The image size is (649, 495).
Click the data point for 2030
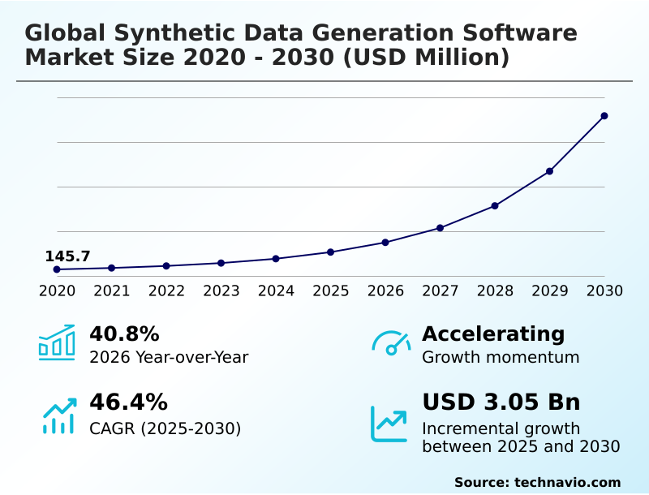[604, 116]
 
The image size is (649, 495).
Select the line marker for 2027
[440, 228]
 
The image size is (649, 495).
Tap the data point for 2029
[549, 171]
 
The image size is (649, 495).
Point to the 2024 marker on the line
[276, 259]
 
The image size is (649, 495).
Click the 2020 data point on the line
[57, 269]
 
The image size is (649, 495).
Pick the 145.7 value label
[67, 256]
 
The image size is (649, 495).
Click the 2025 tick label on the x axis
[331, 291]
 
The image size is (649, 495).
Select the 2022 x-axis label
[166, 291]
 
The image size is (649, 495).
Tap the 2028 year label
[495, 291]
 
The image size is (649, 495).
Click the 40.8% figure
[124, 334]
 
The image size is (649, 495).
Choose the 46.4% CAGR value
[128, 402]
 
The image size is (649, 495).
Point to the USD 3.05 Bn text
[501, 402]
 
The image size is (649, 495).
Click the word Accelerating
[493, 334]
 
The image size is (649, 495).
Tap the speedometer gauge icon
[391, 344]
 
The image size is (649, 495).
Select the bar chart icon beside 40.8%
[57, 343]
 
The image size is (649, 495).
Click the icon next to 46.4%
[58, 415]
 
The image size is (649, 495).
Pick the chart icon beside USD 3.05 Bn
[389, 424]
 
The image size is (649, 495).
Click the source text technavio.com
[567, 482]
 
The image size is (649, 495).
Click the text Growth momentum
[501, 357]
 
